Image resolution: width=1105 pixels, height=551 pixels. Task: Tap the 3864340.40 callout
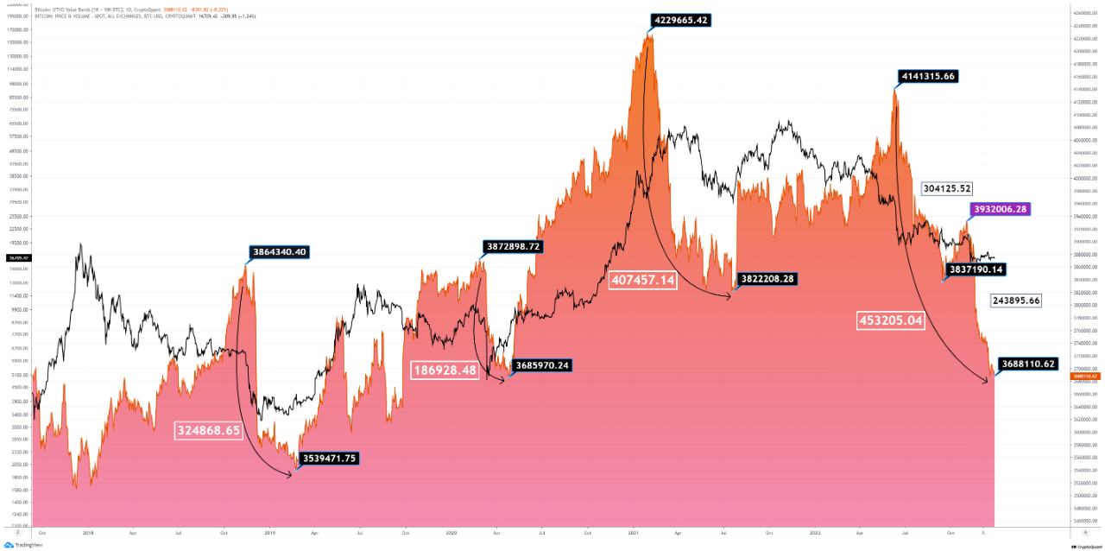point(279,252)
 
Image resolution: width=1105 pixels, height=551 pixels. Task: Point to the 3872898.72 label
point(511,246)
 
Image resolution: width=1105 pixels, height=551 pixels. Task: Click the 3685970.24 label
point(541,365)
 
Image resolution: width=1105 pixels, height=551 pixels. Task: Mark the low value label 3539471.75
point(329,459)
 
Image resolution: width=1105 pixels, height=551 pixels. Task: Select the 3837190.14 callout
point(976,269)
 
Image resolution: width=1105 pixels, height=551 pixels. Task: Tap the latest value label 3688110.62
point(1027,364)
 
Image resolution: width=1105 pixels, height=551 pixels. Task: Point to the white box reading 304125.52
point(947,188)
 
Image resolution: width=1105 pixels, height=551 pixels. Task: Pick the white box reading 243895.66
point(1016,301)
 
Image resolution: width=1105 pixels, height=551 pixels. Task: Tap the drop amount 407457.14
point(643,281)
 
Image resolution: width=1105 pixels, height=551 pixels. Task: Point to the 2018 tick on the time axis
point(88,533)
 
